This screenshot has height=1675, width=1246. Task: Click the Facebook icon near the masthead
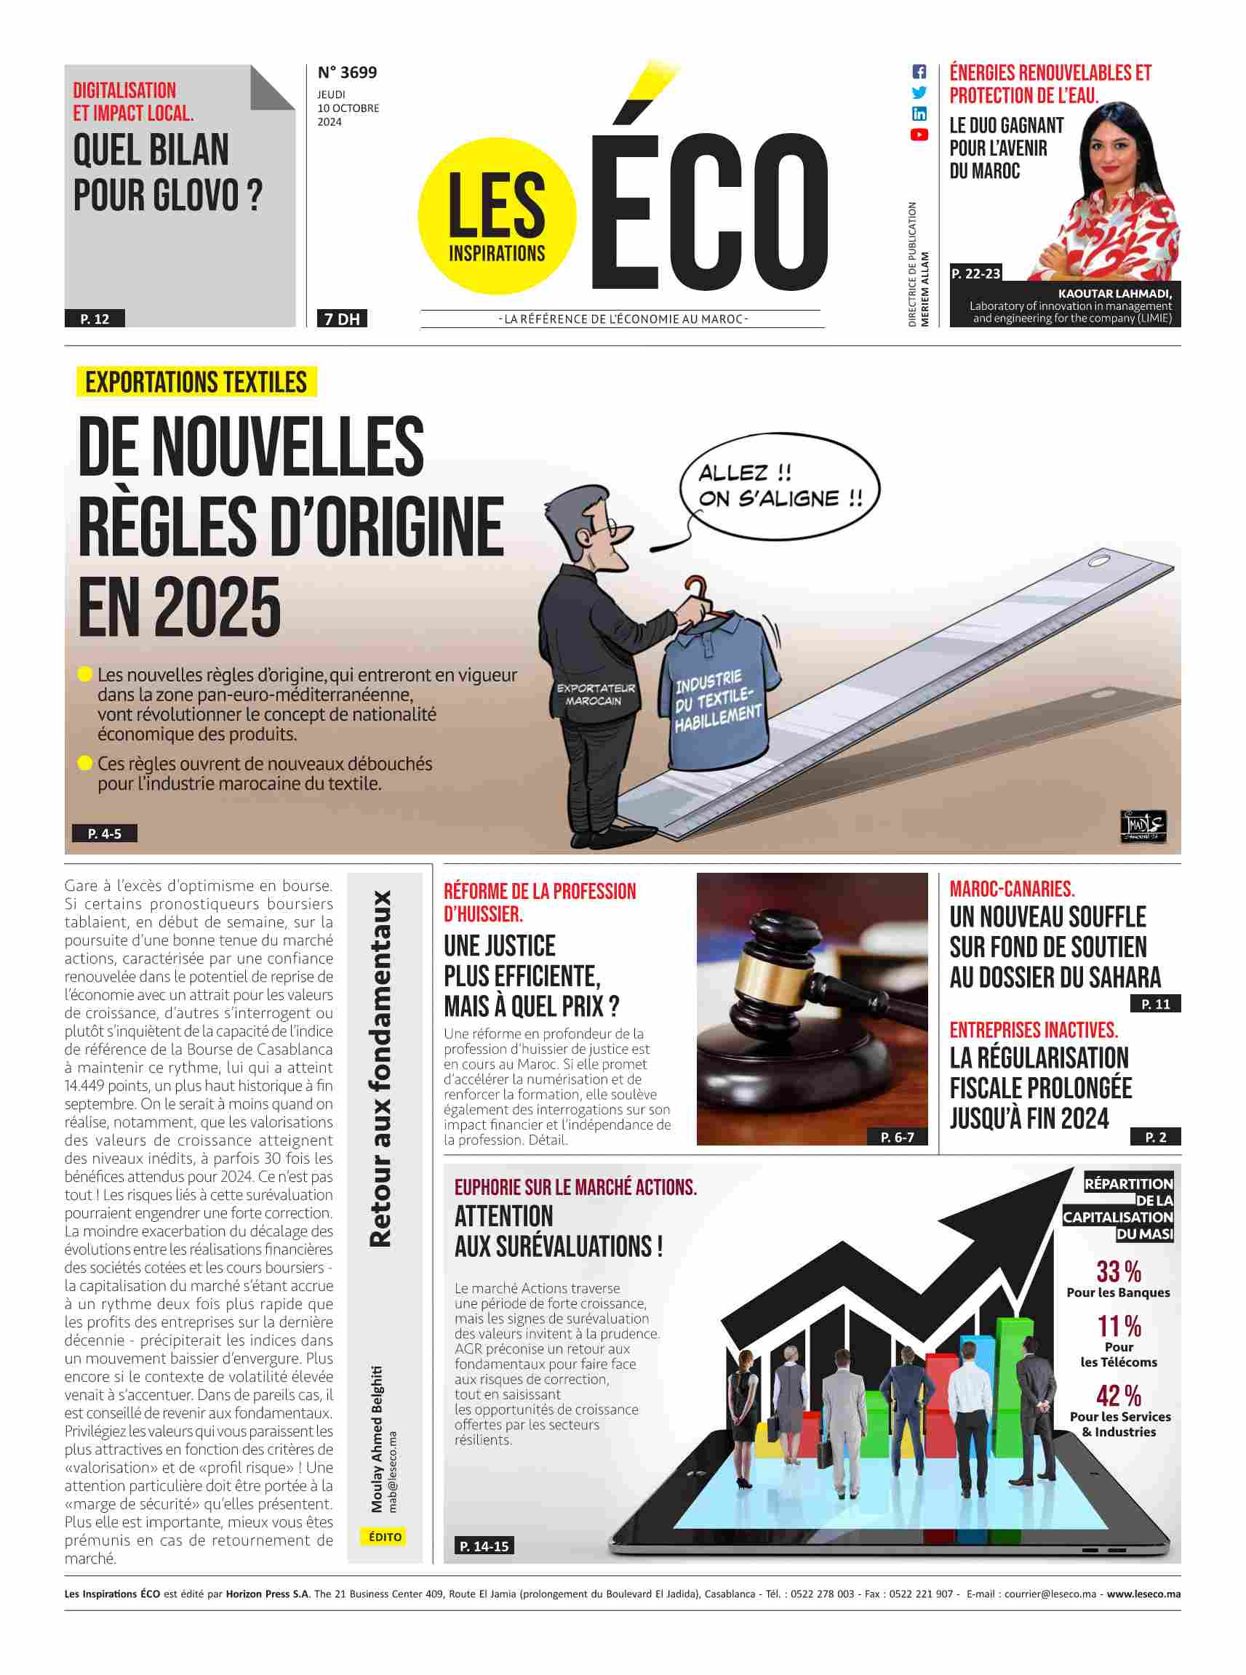click(x=919, y=73)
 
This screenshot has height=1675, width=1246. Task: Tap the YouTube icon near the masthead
click(x=919, y=135)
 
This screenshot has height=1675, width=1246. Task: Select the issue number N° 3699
click(x=347, y=73)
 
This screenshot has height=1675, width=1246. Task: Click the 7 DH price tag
click(x=342, y=319)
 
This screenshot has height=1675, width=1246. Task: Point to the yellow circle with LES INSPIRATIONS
click(x=496, y=217)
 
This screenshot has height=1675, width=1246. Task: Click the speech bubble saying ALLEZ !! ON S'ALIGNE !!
click(x=779, y=487)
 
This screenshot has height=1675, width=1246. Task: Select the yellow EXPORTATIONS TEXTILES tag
click(x=196, y=383)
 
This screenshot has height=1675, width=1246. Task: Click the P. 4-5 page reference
click(x=104, y=833)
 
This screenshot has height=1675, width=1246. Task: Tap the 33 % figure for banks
click(x=1119, y=1272)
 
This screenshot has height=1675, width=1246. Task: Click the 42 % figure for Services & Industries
click(x=1119, y=1396)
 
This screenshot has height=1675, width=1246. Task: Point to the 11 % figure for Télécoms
click(x=1119, y=1327)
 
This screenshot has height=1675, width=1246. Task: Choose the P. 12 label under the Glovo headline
click(x=95, y=319)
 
